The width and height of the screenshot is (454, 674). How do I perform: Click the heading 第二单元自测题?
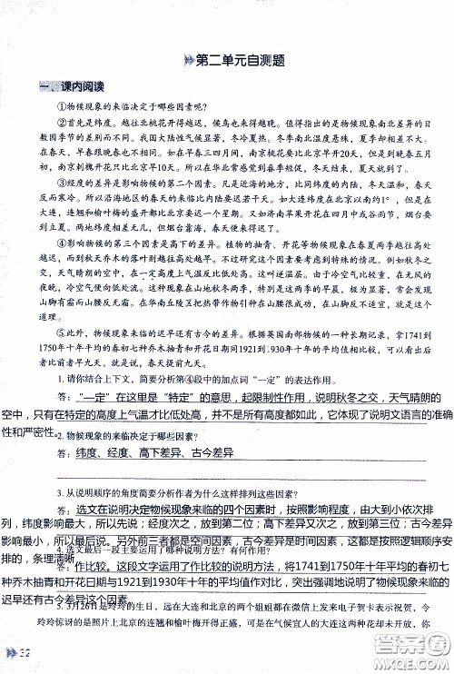234,61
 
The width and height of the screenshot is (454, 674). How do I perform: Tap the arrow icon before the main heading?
187,61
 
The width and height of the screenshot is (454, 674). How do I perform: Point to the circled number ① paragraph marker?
65,106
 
